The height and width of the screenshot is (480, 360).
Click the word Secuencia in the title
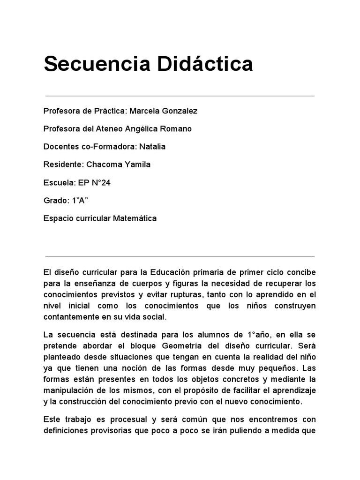click(91, 64)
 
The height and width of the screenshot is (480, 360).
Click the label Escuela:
click(57, 182)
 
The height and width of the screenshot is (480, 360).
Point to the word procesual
click(120, 420)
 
